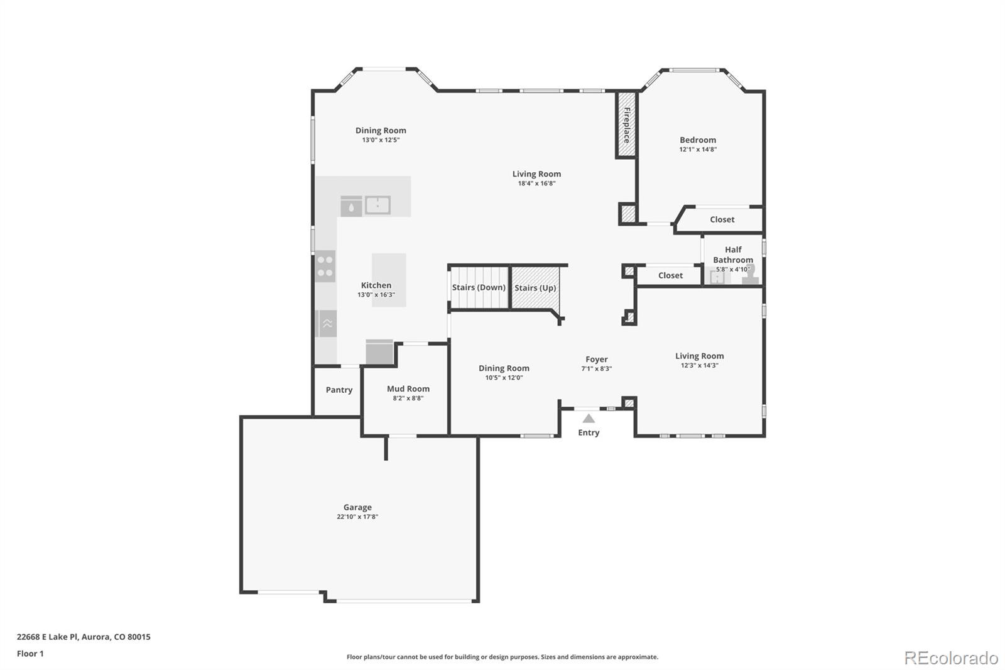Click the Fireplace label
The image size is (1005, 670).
click(626, 124)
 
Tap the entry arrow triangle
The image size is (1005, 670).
click(589, 419)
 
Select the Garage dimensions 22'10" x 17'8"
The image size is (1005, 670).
click(357, 517)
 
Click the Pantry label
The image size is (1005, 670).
click(339, 390)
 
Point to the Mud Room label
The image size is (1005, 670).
click(408, 388)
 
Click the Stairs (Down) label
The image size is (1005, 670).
click(479, 287)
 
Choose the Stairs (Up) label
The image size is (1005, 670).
click(535, 288)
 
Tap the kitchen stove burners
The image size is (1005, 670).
click(325, 266)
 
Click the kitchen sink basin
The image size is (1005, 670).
click(378, 205)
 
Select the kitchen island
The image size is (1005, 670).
click(389, 280)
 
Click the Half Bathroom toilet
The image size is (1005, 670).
click(750, 275)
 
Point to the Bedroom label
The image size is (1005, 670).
click(697, 140)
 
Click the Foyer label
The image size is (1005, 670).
click(596, 360)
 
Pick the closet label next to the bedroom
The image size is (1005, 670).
click(722, 219)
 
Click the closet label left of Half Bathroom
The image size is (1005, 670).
click(670, 275)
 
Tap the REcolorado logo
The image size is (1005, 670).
click(950, 658)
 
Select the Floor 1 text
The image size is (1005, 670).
click(30, 654)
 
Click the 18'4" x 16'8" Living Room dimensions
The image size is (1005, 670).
click(536, 184)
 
